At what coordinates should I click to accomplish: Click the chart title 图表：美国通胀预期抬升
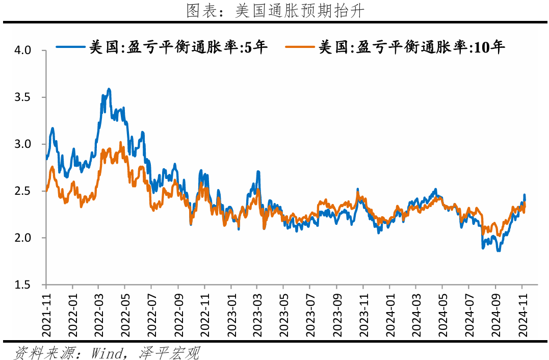click(275, 11)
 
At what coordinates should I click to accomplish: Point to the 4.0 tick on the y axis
click(23, 50)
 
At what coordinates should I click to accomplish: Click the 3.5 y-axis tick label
click(23, 97)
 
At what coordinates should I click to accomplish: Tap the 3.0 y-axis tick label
click(23, 144)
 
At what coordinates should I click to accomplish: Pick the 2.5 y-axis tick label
click(23, 191)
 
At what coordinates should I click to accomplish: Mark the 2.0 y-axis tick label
click(23, 238)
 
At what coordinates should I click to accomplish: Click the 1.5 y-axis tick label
click(23, 285)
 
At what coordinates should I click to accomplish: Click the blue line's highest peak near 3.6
click(109, 89)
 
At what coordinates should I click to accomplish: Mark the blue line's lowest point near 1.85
click(499, 251)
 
